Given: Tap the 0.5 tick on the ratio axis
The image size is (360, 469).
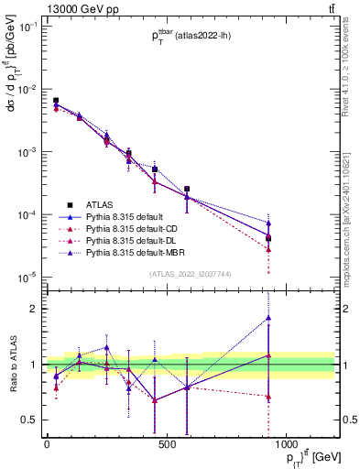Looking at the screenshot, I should click(x=30, y=420).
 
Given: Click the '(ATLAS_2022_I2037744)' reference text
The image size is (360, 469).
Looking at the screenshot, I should click(x=190, y=274).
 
